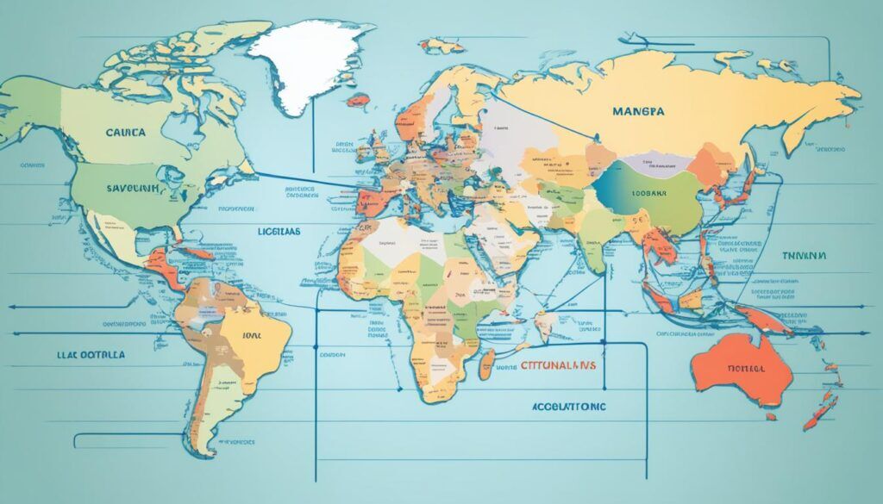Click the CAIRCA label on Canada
125,134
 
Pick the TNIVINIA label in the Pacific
803,256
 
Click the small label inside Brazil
251,336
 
